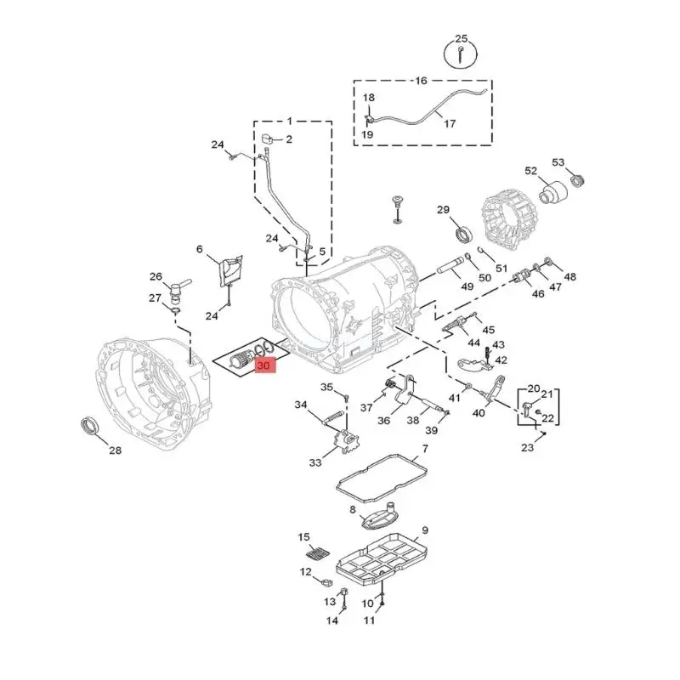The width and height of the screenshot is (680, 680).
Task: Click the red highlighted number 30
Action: (x=264, y=366)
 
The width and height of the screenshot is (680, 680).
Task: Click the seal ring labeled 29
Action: (x=464, y=234)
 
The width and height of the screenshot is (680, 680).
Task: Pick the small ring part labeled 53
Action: (x=577, y=179)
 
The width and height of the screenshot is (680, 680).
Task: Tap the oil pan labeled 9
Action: (x=382, y=562)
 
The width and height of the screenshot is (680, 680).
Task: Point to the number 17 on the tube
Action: (x=450, y=123)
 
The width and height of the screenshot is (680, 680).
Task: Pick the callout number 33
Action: (x=314, y=462)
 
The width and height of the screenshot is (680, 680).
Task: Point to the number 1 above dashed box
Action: (x=289, y=121)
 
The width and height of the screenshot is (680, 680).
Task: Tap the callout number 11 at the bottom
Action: (x=369, y=620)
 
